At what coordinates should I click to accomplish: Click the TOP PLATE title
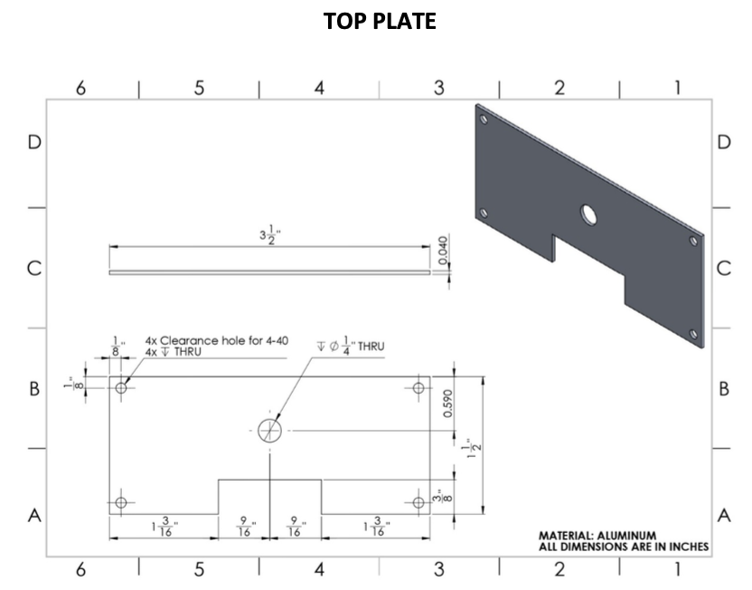[x=380, y=22]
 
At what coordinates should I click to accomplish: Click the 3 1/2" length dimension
[x=267, y=236]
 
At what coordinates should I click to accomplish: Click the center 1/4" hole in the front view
[x=269, y=431]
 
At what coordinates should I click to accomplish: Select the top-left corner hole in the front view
[x=122, y=387]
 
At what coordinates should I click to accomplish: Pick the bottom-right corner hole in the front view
[x=418, y=502]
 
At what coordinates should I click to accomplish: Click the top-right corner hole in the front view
[x=418, y=387]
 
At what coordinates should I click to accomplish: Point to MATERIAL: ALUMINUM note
[x=597, y=536]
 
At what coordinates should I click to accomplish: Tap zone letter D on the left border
[x=34, y=143]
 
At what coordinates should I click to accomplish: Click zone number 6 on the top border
[x=80, y=88]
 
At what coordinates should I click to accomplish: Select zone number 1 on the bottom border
[x=678, y=569]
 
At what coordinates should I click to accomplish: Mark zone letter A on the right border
[x=723, y=516]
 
